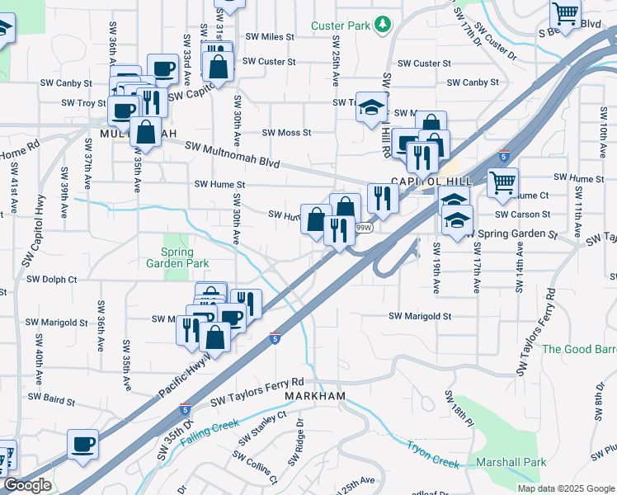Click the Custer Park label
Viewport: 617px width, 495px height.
click(340, 26)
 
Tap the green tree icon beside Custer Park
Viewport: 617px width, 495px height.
click(381, 26)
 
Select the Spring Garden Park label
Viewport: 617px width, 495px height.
click(177, 257)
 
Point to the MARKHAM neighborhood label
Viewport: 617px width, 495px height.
click(315, 397)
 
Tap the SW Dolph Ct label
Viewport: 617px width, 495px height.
click(51, 280)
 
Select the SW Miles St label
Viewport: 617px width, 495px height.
click(271, 37)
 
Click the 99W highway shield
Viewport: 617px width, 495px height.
click(363, 227)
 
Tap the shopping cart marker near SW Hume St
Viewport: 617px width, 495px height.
click(502, 183)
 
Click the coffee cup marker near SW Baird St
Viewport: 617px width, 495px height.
click(82, 445)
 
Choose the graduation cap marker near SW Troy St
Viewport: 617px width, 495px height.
click(372, 106)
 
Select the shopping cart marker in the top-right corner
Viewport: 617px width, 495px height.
click(566, 14)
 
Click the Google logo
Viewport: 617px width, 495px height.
click(27, 485)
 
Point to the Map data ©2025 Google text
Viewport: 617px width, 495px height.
click(565, 488)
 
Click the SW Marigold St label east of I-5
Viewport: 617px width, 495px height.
click(420, 316)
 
